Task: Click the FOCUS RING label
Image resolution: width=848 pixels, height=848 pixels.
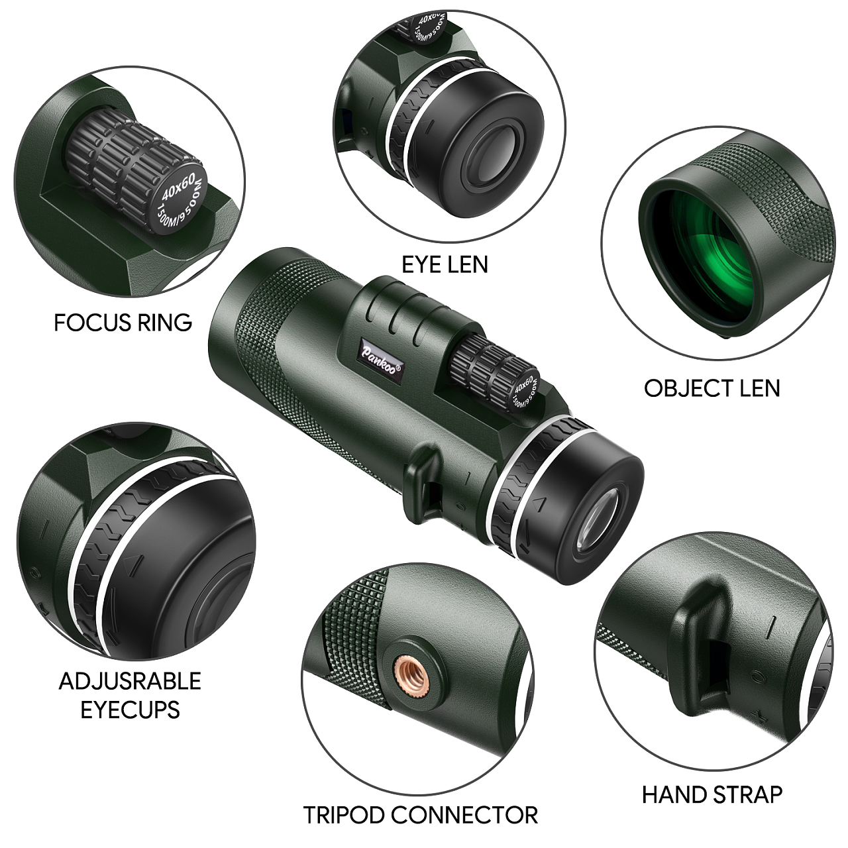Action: click(x=123, y=323)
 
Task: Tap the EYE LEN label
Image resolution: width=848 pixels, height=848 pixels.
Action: click(x=445, y=264)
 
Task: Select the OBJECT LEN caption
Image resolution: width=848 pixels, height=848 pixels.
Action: click(x=712, y=388)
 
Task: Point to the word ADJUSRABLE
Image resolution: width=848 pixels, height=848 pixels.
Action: click(x=130, y=681)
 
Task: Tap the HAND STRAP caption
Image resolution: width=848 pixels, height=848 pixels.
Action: click(x=712, y=782)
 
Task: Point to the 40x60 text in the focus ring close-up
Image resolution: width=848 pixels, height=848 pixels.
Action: click(x=181, y=187)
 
